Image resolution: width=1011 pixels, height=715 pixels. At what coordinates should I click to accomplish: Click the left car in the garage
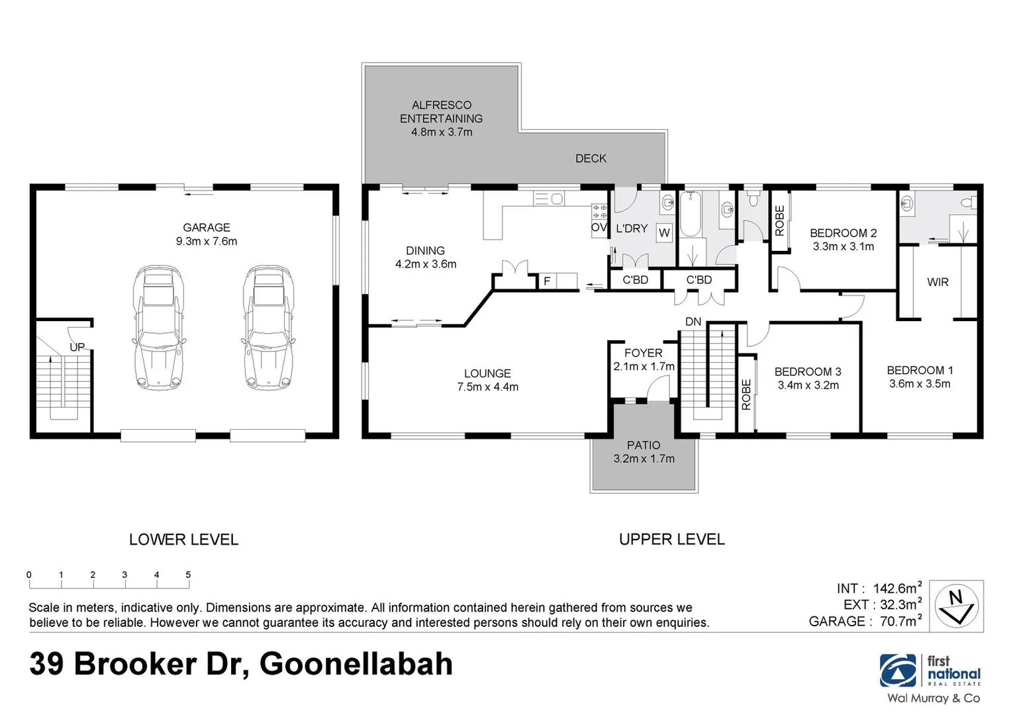158,327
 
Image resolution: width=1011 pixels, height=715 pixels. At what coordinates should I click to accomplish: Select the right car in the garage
268,327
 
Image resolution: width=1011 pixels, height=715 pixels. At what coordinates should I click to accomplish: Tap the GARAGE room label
207,228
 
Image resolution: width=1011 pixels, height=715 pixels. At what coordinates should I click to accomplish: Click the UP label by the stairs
77,347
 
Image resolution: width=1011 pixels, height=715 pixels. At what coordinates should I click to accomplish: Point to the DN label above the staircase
693,322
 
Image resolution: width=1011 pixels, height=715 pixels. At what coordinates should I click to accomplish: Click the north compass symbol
956,605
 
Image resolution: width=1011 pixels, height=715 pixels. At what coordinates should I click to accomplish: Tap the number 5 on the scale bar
188,575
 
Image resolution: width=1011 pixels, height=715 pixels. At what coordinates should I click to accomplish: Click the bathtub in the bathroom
691,214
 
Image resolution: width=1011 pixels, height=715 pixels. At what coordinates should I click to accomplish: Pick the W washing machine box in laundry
664,232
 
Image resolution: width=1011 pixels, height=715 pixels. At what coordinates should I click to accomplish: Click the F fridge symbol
547,281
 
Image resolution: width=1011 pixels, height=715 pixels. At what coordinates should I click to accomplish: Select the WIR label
938,282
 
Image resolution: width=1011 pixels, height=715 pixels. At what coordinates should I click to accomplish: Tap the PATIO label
644,446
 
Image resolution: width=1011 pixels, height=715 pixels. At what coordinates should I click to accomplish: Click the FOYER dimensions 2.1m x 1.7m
644,367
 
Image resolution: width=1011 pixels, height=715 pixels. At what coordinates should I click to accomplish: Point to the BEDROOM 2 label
843,233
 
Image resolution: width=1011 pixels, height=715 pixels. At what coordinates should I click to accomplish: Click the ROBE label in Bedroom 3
746,395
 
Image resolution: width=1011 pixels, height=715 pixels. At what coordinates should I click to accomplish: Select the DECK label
591,158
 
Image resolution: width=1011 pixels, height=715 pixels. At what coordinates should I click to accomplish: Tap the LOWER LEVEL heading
183,540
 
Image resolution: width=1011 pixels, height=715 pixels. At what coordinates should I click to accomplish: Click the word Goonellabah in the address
356,664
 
